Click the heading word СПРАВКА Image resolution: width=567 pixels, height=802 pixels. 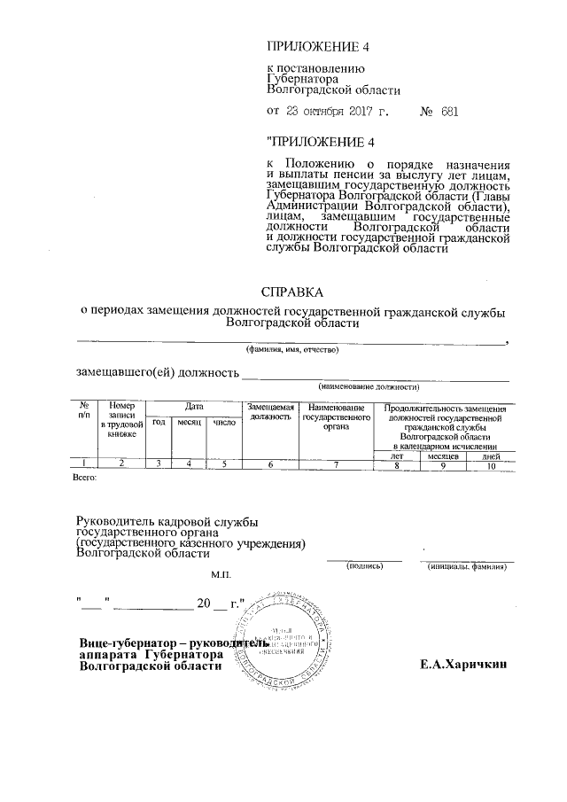pos(291,291)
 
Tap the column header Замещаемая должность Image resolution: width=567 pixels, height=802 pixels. pos(270,410)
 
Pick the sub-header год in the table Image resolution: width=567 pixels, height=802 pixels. pos(159,423)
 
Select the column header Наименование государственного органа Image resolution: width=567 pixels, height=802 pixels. pos(336,415)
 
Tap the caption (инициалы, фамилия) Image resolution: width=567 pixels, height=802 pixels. pos(470,564)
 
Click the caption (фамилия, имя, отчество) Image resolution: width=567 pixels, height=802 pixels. pos(291,348)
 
